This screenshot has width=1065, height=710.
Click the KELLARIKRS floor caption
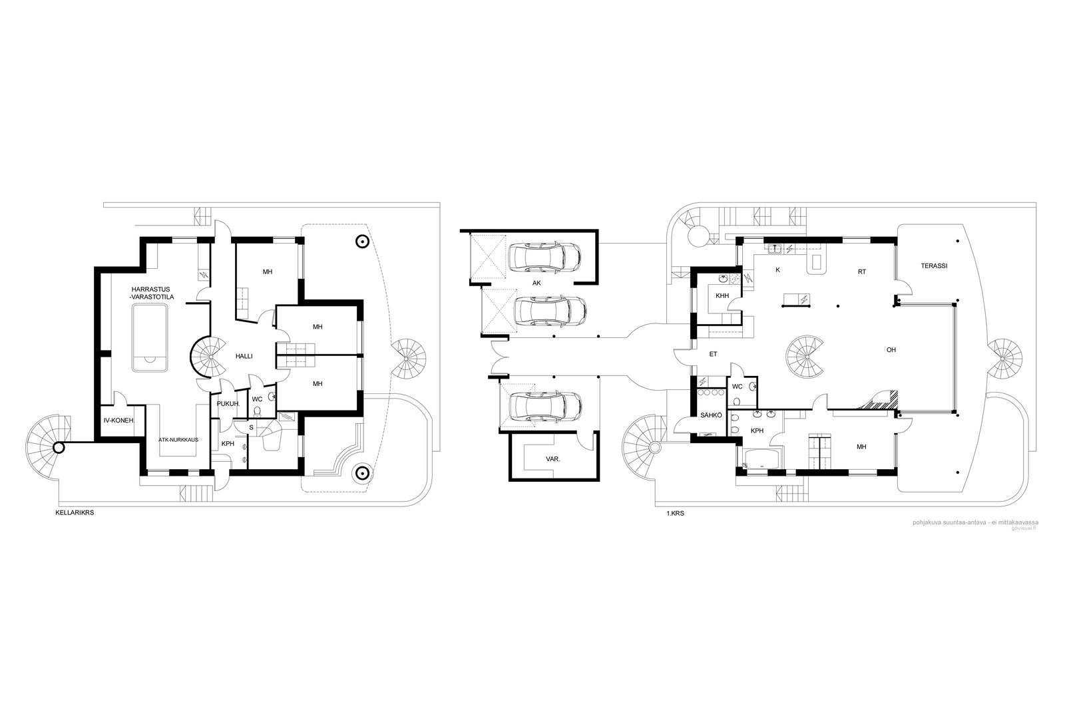pos(75,513)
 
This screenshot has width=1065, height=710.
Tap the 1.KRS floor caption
pos(675,514)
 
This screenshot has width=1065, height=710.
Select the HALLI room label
pos(244,356)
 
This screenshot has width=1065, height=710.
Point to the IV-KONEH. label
pos(119,420)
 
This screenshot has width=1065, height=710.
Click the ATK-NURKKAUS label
pos(178,440)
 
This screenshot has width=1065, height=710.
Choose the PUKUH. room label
pos(228,404)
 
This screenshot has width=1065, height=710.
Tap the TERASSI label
pos(934,266)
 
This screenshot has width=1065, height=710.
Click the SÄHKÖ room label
pos(711,415)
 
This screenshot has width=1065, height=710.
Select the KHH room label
pos(722,295)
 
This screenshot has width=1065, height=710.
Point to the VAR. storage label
pos(553,459)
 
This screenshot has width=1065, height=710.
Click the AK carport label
pos(536,283)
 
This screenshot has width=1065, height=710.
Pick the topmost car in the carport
pos(544,258)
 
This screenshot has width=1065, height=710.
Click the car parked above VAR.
pos(545,407)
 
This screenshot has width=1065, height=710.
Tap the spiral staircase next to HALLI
pos(209,357)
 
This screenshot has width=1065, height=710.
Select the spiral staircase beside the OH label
pos(805,357)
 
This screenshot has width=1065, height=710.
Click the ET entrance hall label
pos(713,354)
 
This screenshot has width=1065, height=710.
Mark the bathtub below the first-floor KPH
pos(761,460)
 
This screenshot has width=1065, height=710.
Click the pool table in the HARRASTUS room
pos(150,339)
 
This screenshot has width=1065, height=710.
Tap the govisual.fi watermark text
pos(1022,528)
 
